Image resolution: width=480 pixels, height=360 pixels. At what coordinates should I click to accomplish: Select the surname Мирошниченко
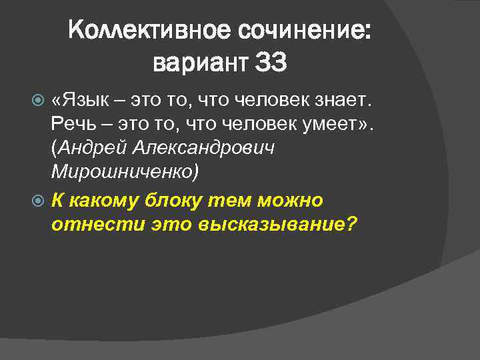click(124, 173)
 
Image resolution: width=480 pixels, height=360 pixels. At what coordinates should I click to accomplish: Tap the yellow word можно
click(294, 200)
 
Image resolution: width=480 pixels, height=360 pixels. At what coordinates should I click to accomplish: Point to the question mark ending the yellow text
click(353, 224)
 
